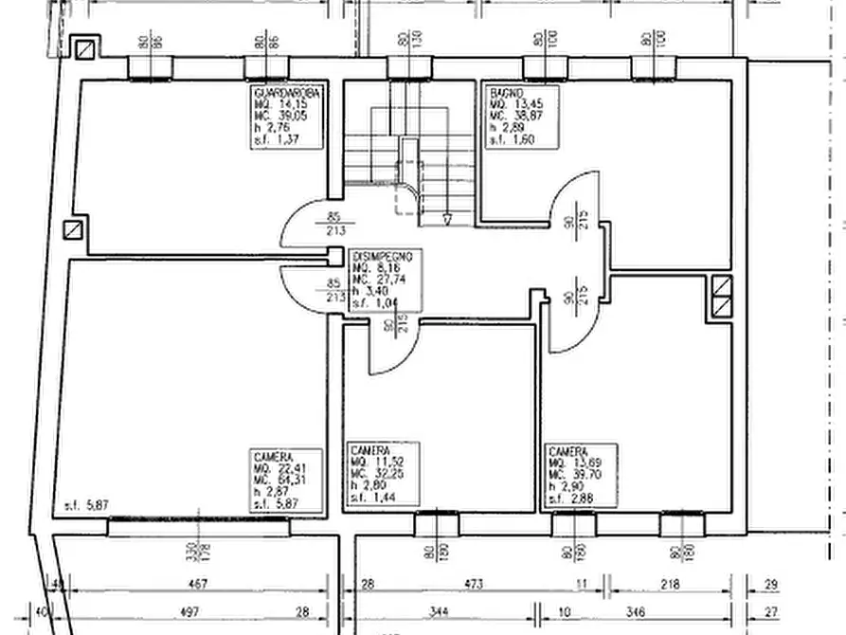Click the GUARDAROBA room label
(x=287, y=94)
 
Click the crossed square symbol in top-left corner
(x=86, y=47)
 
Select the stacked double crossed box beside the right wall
(x=722, y=297)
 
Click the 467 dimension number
(x=198, y=585)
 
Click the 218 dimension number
(x=669, y=585)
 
